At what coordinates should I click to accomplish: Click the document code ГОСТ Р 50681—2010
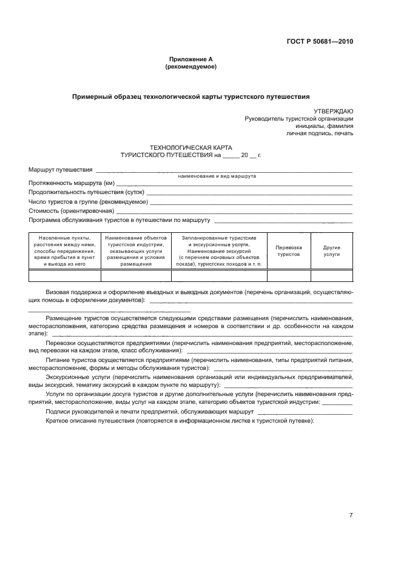pos(320,42)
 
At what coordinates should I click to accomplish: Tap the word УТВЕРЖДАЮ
pos(333,111)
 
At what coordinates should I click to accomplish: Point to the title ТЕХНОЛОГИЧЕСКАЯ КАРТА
pos(190,147)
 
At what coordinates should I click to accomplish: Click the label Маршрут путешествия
pos(60,169)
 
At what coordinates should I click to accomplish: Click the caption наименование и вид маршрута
pos(217,176)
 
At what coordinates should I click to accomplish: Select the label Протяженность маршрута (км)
pos(71,183)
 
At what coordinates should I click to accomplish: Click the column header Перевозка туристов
pos(289,251)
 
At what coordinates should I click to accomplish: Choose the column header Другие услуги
pos(331,251)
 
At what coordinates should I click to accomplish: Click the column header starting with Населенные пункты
pos(64,251)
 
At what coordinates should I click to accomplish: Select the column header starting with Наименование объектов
pos(136,251)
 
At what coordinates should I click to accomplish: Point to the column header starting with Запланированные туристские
pos(219,251)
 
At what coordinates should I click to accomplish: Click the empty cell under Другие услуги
pos(331,276)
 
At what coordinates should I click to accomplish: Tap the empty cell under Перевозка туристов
pos(289,276)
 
